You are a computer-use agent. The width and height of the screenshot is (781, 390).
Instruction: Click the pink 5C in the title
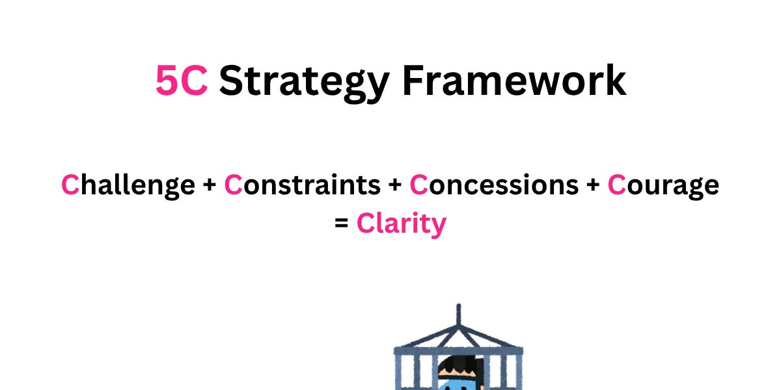point(181,81)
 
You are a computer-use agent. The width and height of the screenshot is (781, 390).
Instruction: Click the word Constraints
point(302,185)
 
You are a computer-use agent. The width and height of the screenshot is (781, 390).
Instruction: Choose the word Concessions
point(494,185)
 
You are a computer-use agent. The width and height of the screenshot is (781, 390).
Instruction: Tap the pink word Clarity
point(401,224)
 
